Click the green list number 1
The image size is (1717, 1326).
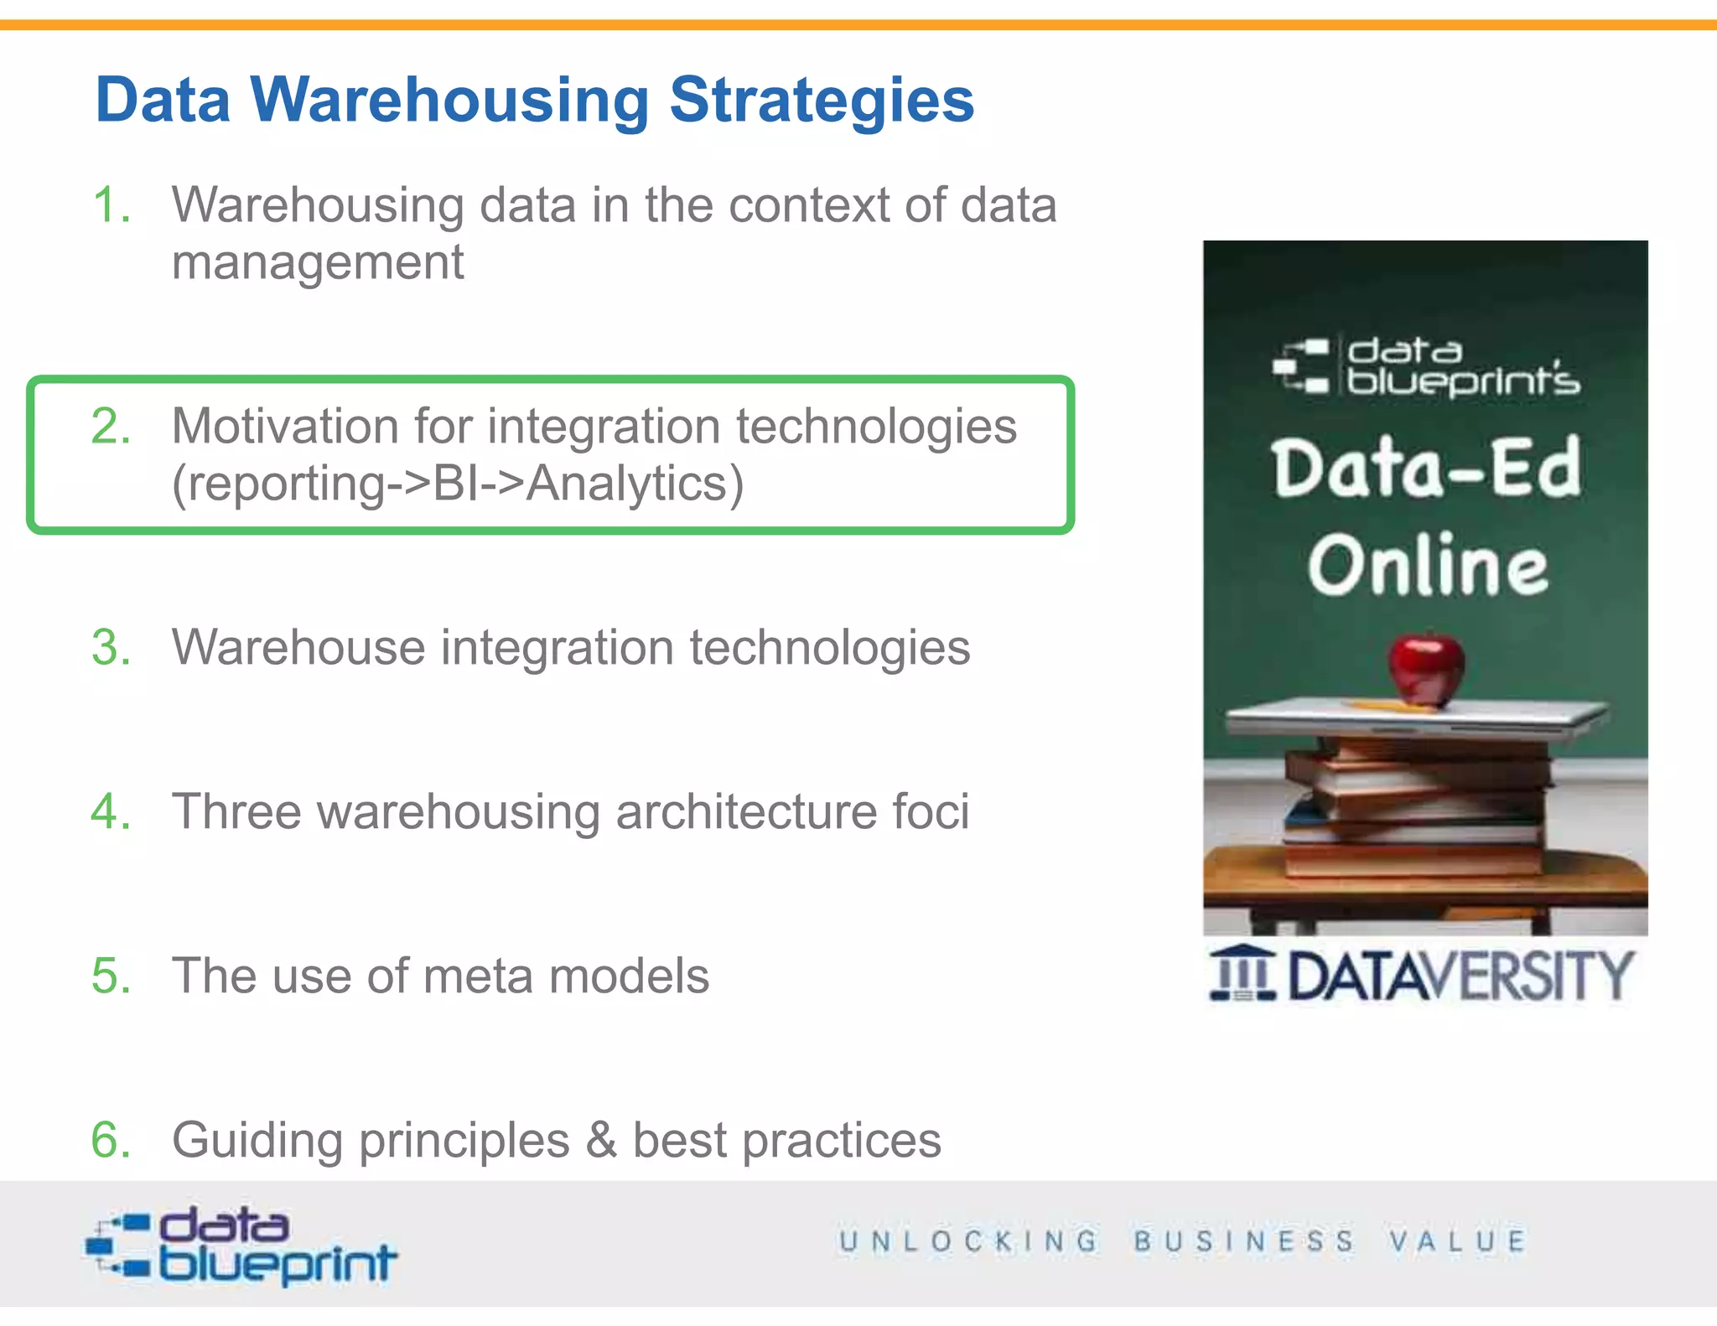(x=112, y=205)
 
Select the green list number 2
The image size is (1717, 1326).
(x=112, y=427)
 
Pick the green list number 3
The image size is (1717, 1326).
(x=112, y=648)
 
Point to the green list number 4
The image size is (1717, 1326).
(x=112, y=812)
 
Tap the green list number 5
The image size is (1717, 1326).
(x=112, y=976)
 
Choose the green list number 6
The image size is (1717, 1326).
(x=112, y=1141)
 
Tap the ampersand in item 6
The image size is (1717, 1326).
(x=600, y=1141)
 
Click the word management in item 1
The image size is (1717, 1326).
(x=318, y=263)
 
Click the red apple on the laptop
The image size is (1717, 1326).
(x=1426, y=669)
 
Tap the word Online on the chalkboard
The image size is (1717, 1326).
(x=1428, y=566)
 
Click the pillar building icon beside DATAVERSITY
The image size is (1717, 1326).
(x=1242, y=974)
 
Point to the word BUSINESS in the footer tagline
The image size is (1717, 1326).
(x=1244, y=1241)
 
